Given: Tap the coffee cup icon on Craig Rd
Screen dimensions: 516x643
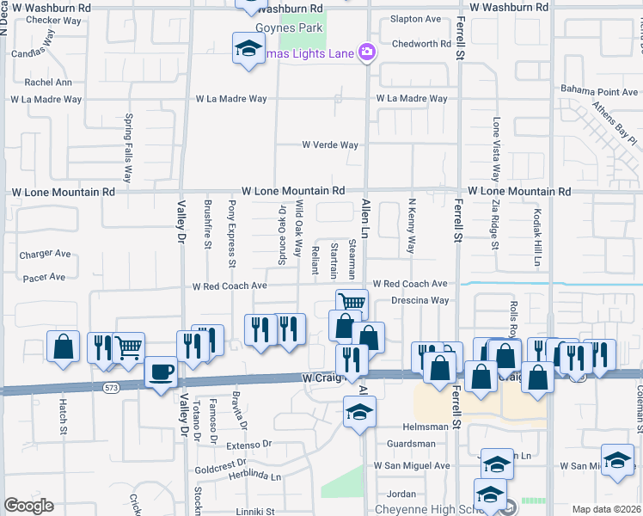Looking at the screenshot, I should pos(161,372).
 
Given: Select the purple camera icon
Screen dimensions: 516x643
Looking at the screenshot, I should pos(367,53).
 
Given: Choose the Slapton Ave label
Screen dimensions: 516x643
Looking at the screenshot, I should pos(415,19).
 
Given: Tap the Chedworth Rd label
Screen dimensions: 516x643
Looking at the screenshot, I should pos(421,44).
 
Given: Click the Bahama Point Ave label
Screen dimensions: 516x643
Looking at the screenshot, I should pos(600,91).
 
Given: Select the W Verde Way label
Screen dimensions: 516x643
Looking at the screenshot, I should pos(329,145).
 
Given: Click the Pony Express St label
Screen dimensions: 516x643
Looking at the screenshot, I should pos(231,228).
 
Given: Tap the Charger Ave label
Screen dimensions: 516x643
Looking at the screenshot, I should pos(46,254).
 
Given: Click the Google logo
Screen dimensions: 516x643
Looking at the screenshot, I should pos(28,506).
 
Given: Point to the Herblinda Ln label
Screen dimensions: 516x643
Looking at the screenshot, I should pos(251,476).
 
